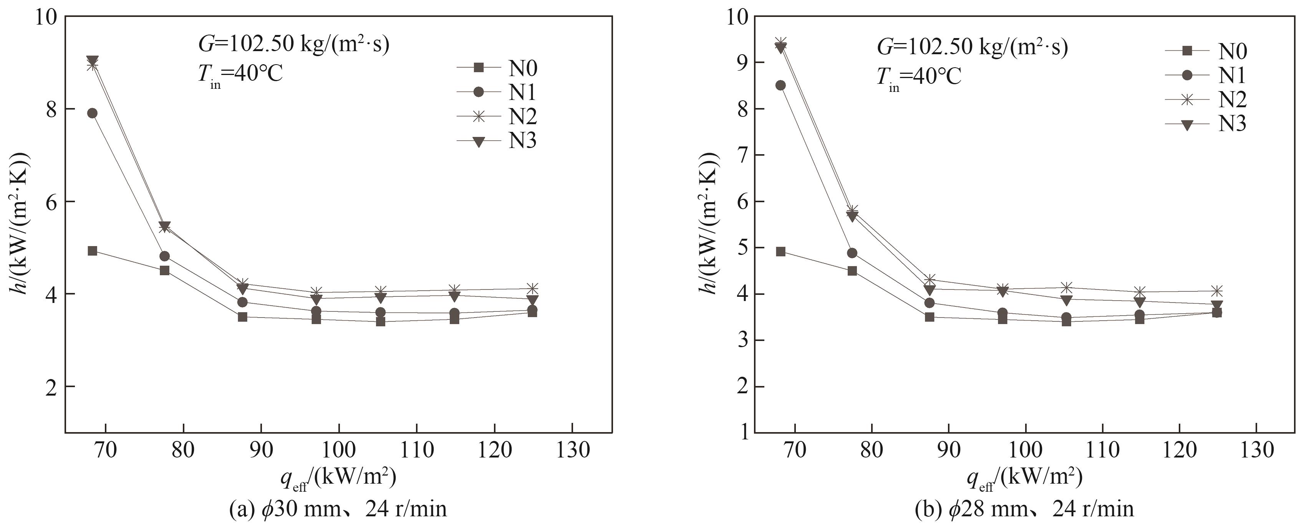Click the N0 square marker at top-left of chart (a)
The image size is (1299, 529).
[x=92, y=251]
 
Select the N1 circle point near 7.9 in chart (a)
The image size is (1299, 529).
[x=92, y=113]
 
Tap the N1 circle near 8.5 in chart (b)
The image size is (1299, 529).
[x=780, y=85]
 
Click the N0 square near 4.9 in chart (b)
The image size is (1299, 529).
[x=780, y=251]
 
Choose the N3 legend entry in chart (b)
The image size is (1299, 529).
[x=1206, y=124]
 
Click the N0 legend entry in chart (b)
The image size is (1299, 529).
[x=1206, y=51]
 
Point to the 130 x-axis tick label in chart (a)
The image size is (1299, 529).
[x=572, y=450]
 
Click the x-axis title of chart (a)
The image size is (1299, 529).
[x=338, y=477]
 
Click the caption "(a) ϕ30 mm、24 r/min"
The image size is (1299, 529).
[x=338, y=509]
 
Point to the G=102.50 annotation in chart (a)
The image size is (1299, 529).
[x=294, y=45]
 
